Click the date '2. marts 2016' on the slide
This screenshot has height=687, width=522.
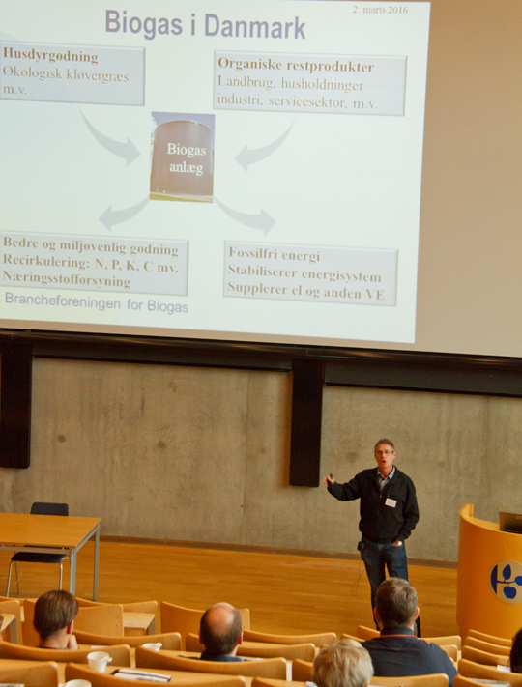[x=380, y=10]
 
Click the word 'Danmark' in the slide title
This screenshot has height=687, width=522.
[x=255, y=26]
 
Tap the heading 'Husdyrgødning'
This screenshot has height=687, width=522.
[x=50, y=56]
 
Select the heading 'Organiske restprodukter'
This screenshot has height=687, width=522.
[x=296, y=66]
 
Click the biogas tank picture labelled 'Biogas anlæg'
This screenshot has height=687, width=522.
[x=183, y=157]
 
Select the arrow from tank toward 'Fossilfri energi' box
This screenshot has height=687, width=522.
[x=247, y=215]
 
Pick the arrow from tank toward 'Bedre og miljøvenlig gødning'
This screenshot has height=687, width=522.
[x=123, y=214]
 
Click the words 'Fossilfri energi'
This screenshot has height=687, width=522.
[x=275, y=254]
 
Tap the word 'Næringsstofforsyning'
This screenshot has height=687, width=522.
[x=67, y=279]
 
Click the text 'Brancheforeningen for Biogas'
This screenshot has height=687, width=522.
[x=97, y=304]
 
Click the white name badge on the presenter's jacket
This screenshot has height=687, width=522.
[x=391, y=502]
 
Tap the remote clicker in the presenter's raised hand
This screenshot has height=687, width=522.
[x=331, y=477]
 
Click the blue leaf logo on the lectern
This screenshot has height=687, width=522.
[x=507, y=582]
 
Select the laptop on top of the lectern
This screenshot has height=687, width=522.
[x=510, y=523]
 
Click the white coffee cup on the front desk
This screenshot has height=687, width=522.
[x=99, y=661]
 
